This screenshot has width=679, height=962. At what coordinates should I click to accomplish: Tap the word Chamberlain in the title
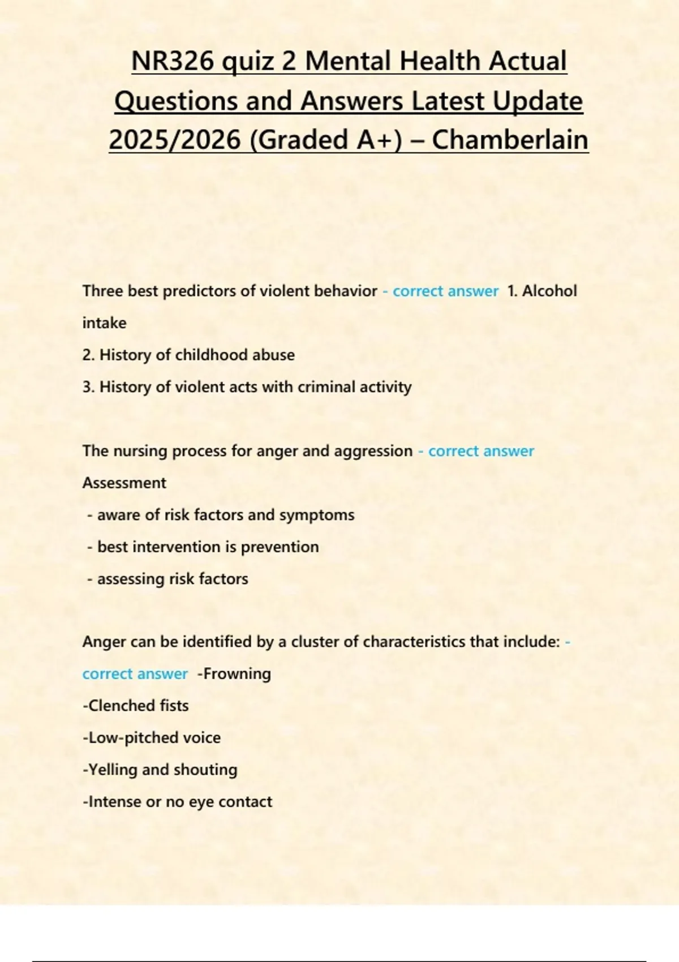510,140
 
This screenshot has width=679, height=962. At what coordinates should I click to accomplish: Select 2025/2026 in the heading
174,140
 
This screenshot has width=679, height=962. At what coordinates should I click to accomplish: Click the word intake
104,323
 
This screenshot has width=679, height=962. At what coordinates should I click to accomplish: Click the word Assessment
124,483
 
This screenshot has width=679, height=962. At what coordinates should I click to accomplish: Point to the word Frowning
237,673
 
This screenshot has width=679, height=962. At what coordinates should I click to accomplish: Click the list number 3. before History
88,387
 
